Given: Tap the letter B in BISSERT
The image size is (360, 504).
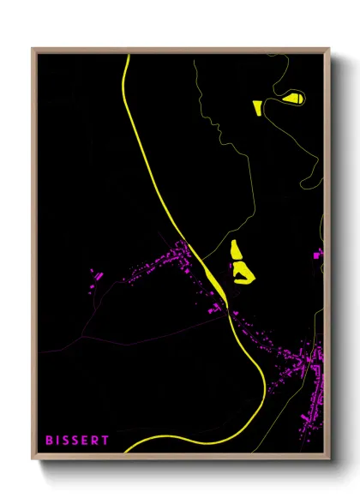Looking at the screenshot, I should coord(50,441).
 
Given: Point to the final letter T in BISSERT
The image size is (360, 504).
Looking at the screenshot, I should coord(105,441).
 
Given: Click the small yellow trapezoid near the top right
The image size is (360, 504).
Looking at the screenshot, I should coord(256,106).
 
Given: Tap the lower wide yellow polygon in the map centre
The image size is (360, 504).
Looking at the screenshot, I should coord(242,272).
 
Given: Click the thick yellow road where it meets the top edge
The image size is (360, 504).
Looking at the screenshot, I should coord(127,57).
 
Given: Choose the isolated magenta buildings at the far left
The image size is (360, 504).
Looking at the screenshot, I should coord(96,277).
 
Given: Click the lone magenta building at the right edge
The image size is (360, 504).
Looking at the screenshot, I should coord(318,255).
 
